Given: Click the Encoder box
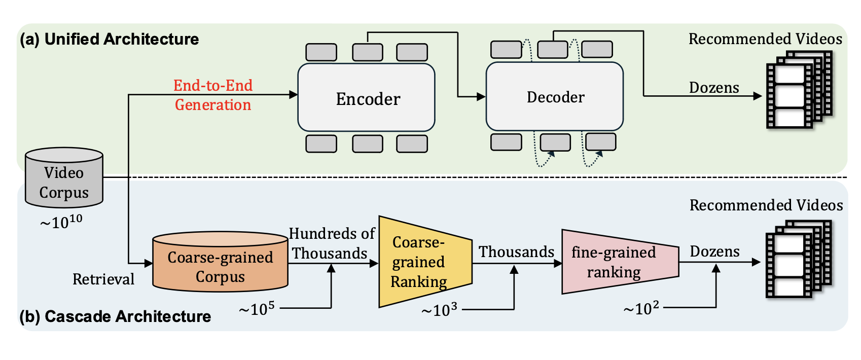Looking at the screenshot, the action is point(366,97).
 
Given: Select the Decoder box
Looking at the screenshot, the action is point(555,96).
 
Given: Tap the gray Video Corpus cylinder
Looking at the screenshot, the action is point(64,178).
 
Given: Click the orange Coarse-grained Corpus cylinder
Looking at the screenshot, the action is point(220,262).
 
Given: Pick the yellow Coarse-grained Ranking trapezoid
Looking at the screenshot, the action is point(425,262).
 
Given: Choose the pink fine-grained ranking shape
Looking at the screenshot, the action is point(620,262).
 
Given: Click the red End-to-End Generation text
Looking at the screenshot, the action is point(213,95).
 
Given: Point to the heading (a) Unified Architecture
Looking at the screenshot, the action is point(109,39).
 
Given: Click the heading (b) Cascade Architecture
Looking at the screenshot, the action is point(115,316).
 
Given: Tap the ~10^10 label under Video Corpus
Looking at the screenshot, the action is point(61,221).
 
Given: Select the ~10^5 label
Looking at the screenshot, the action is point(257,308).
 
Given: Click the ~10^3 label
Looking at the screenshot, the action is point(439,309).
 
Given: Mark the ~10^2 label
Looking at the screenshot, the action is point(641,308).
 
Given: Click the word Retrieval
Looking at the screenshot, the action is point(103,279).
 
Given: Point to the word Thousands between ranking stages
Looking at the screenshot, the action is point(516,252).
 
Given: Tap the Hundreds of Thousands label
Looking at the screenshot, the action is point(331,243).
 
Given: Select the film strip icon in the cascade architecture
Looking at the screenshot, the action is point(799,259).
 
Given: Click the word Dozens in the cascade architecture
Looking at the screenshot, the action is point(714,251).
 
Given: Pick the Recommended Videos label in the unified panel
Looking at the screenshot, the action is point(765,39).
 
